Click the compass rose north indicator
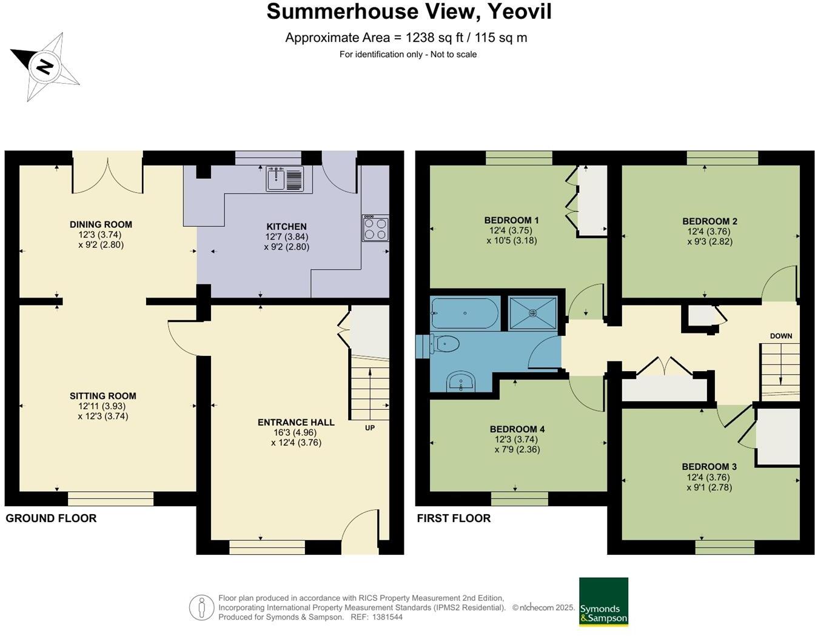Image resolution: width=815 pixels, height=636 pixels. tap(44, 65)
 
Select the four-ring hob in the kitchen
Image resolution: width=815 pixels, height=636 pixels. tap(375, 228)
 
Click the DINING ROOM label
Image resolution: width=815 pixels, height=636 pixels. tap(101, 224)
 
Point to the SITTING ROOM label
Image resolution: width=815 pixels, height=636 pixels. tap(102, 396)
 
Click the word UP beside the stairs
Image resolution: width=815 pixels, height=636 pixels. tap(369, 428)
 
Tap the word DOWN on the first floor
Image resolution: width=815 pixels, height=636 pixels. tap(781, 336)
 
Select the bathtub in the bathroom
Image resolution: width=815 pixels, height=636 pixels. tap(465, 313)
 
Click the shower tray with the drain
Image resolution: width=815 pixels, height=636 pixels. tap(532, 313)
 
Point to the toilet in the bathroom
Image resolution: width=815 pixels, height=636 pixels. tap(445, 344)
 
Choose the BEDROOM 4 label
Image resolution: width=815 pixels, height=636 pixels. tap(517, 429)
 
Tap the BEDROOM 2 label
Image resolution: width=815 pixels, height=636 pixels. tap(709, 221)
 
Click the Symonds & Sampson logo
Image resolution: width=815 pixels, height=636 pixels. tap(603, 601)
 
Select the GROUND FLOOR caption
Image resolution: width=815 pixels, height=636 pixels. tap(51, 518)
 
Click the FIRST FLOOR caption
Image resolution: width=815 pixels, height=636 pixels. tap(454, 518)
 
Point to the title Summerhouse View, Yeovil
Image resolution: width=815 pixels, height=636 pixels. tap(409, 12)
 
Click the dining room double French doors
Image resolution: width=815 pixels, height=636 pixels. tap(108, 176)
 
